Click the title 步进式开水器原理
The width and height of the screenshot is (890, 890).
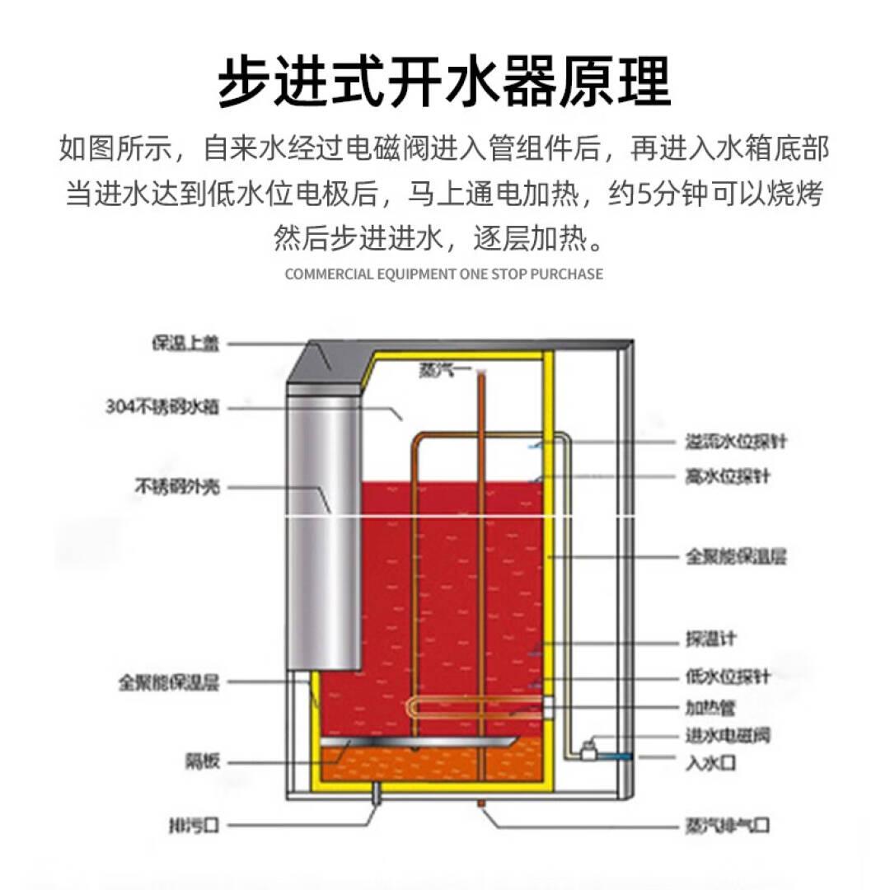444,80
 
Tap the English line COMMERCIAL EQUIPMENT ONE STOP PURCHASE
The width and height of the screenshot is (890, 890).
444,274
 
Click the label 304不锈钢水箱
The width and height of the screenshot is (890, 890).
163,406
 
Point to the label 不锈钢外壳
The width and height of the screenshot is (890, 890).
177,487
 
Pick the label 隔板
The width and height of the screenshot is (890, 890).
203,762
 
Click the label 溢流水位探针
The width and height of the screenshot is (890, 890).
736,442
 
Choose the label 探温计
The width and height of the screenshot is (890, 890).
711,639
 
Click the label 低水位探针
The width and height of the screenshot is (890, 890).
728,677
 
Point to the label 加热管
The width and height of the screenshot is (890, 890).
710,707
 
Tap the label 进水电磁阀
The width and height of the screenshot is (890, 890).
728,734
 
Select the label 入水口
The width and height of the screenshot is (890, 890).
710,763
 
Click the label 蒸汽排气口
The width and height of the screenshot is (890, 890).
728,824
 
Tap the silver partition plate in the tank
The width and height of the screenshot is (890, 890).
420,744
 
